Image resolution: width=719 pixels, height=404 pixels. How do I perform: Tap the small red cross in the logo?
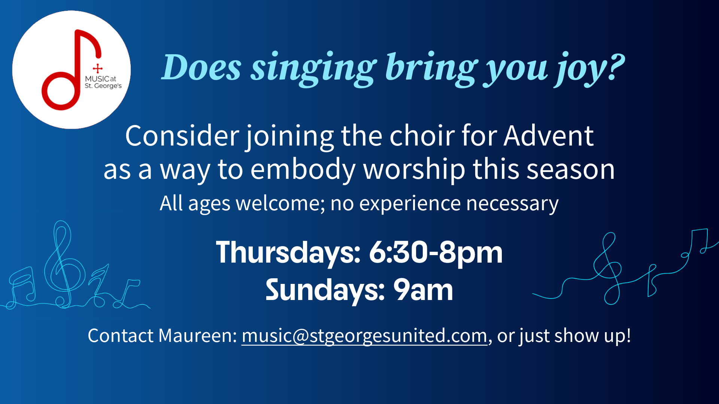coord(98,68)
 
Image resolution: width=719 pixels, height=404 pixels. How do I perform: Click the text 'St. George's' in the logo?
coord(103,86)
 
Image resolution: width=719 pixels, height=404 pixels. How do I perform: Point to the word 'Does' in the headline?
coord(201,68)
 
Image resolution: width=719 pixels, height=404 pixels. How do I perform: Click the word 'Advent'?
coord(549,136)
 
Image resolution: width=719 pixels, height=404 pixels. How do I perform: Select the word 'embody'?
coord(303,169)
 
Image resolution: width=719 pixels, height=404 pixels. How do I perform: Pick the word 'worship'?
coord(414,169)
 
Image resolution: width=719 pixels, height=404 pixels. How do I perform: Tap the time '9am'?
coord(423,290)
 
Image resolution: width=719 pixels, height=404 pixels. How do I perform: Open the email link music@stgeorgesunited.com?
coord(364,336)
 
